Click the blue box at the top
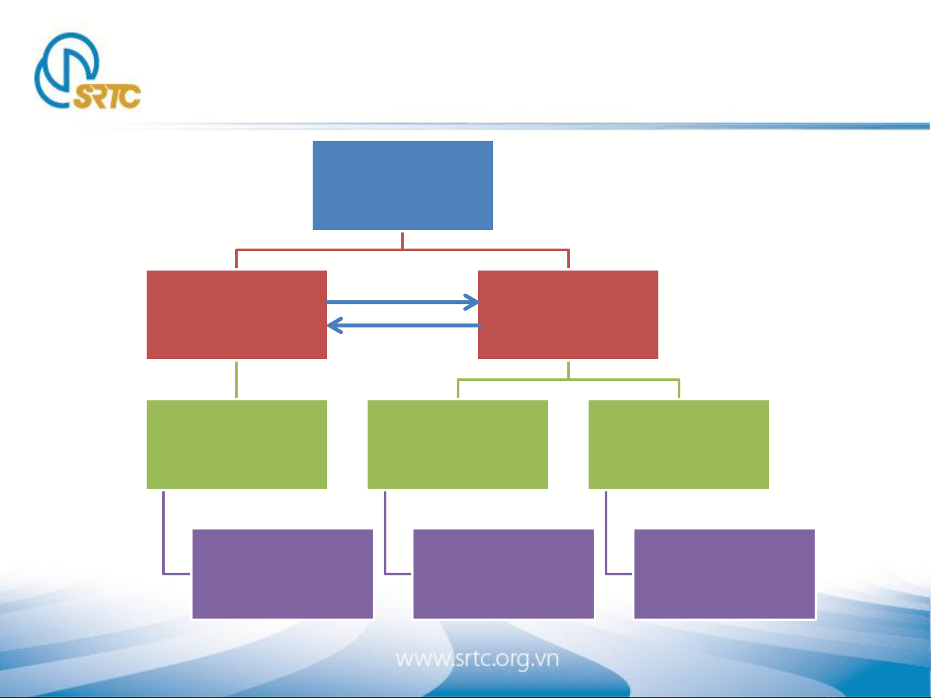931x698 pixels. pos(403,185)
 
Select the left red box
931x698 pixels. pos(236,314)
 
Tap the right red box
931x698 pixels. pos(568,314)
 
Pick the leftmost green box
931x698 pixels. pos(236,444)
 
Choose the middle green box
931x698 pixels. pos(457,444)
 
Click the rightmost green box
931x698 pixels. pos(678,444)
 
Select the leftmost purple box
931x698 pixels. pos(282,574)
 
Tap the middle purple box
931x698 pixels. pos(503,574)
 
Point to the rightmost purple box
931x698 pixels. pos(724,574)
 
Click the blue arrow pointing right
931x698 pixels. pos(403,302)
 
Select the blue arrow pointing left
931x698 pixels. pos(403,325)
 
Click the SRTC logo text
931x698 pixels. pos(107,96)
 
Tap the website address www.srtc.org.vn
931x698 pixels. pos(477,660)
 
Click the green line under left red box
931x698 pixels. pos(236,379)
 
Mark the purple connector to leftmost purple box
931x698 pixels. pos(163,551)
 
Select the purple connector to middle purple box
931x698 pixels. pos(385,551)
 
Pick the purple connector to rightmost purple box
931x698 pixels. pos(606,551)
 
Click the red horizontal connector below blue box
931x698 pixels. pos(403,250)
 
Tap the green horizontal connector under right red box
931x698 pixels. pos(569,380)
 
